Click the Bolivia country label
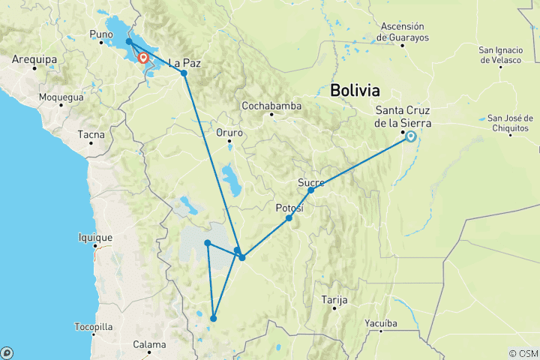pyautogui.click(x=355, y=91)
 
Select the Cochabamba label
pyautogui.click(x=271, y=106)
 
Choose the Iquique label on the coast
pyautogui.click(x=94, y=237)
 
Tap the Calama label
pyautogui.click(x=148, y=345)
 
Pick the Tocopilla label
pyautogui.click(x=94, y=327)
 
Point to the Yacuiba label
pyautogui.click(x=397, y=324)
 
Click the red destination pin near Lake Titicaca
pyautogui.click(x=142, y=57)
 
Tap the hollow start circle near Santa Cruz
pyautogui.click(x=411, y=136)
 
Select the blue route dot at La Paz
pyautogui.click(x=184, y=73)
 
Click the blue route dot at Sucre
pyautogui.click(x=311, y=190)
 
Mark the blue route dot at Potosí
pyautogui.click(x=289, y=218)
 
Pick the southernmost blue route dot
pyautogui.click(x=214, y=319)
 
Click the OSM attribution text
pyautogui.click(x=523, y=353)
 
